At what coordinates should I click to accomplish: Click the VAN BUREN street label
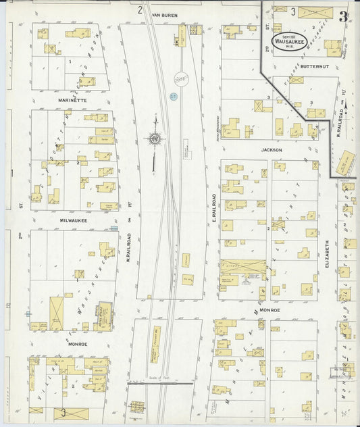(164, 14)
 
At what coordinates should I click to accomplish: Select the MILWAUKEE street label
(72, 220)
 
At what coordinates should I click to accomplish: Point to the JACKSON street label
(273, 150)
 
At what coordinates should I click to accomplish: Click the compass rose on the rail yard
(155, 140)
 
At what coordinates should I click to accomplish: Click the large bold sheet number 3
(344, 16)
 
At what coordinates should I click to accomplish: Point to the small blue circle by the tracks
(173, 97)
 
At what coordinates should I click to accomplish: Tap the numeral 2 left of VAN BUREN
(140, 9)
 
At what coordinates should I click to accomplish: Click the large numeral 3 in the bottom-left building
(63, 412)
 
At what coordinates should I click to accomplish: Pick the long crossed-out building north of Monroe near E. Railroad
(243, 266)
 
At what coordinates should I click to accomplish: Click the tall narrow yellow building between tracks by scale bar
(156, 344)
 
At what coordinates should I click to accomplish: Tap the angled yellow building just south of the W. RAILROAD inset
(346, 163)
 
